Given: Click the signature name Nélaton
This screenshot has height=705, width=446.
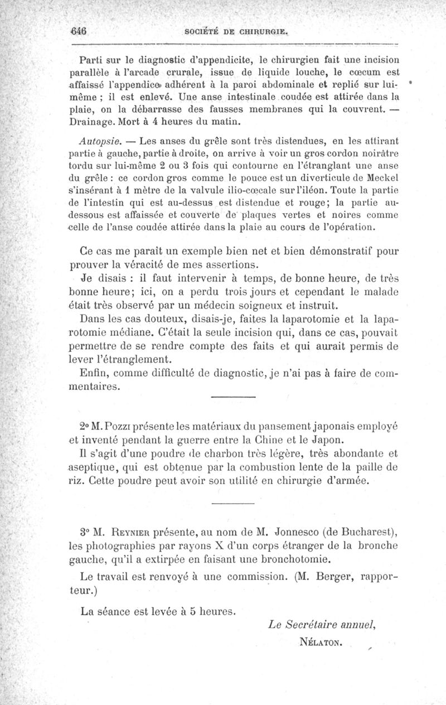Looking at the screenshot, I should pos(320,643).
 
